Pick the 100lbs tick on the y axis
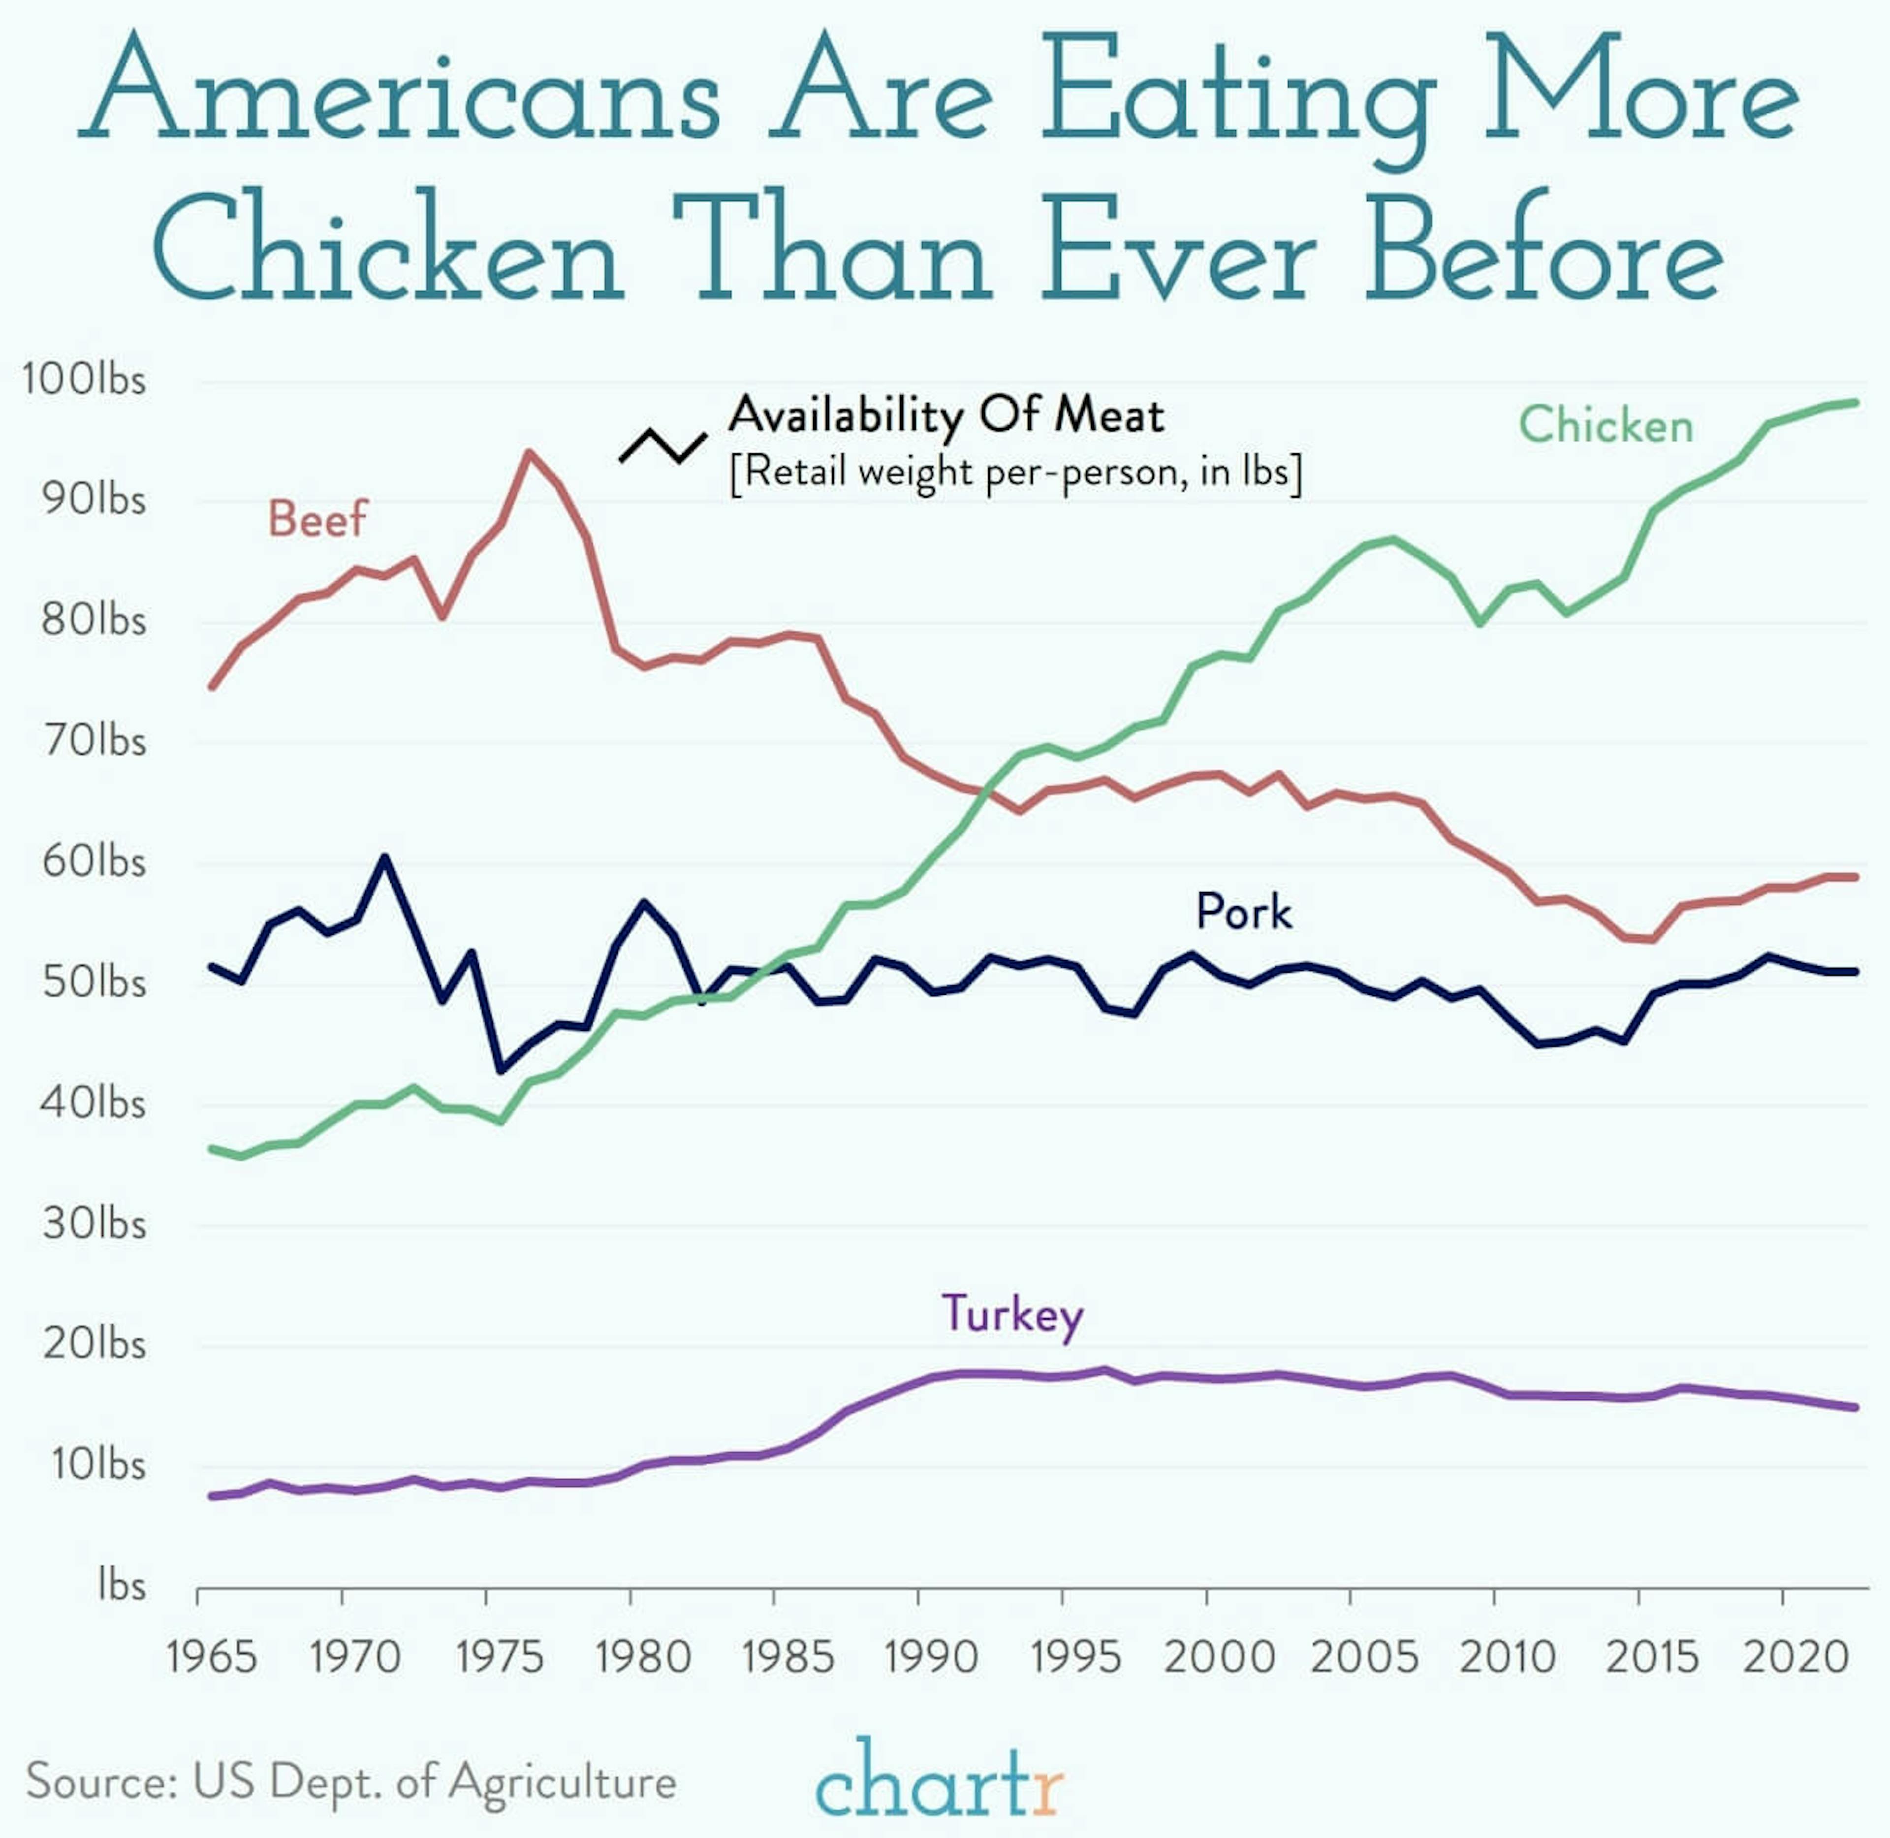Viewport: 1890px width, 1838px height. click(84, 380)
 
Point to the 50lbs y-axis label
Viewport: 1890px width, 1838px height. click(94, 982)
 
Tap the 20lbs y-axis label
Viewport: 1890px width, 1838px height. click(94, 1344)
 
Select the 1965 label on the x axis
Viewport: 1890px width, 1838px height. click(211, 1657)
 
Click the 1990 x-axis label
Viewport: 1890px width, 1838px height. click(932, 1657)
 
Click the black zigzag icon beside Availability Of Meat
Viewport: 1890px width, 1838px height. click(662, 445)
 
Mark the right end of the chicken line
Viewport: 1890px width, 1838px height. click(1854, 403)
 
